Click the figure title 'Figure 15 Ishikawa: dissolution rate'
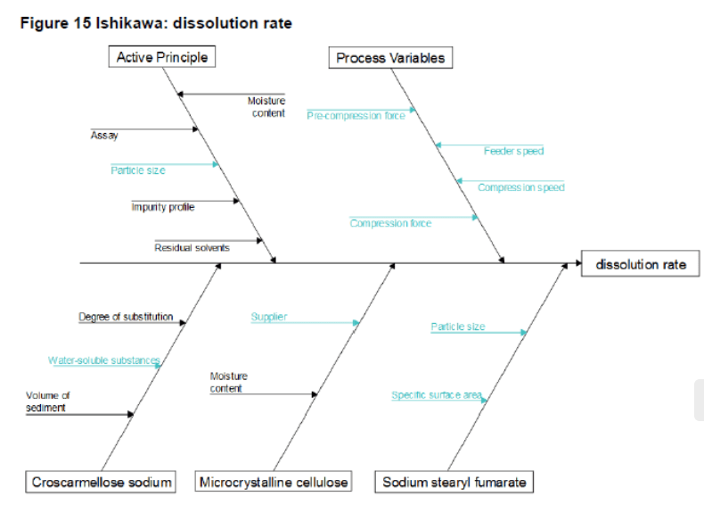(156, 23)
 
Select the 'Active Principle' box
(162, 58)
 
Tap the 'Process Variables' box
(389, 59)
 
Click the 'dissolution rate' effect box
(641, 265)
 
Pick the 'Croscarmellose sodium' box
(102, 483)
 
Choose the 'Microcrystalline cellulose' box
(274, 483)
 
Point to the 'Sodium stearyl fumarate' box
(454, 483)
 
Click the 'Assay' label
(104, 136)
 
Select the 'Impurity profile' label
(163, 207)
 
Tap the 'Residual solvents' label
(192, 247)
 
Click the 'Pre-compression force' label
(356, 115)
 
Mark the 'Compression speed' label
(520, 187)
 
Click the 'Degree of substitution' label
(126, 317)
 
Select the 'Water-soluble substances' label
(104, 360)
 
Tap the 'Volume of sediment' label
(47, 402)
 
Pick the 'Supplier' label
(269, 317)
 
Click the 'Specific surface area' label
(437, 394)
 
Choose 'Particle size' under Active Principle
(138, 170)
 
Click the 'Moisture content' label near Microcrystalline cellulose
(229, 383)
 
